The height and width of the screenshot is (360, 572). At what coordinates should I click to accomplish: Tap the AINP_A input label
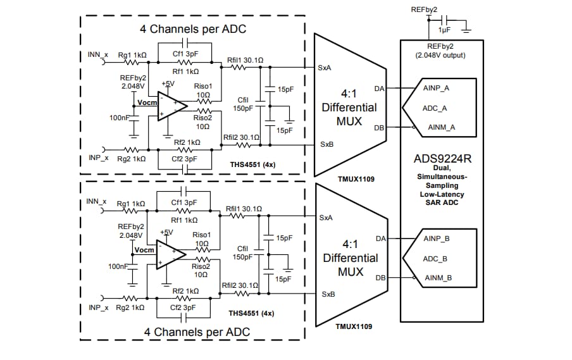click(x=436, y=89)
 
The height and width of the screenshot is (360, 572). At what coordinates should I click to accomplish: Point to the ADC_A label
click(x=435, y=108)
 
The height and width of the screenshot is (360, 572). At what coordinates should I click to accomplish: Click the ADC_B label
click(x=435, y=259)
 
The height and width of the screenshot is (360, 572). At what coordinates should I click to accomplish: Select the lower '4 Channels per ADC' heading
click(x=197, y=332)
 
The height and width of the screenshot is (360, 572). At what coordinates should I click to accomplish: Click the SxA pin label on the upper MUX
click(x=326, y=66)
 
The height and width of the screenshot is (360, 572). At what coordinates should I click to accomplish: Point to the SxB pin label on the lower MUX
click(x=328, y=294)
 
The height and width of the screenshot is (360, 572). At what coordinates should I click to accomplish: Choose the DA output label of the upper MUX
click(x=381, y=88)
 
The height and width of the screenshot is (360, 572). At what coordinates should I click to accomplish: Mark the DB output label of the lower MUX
click(x=381, y=278)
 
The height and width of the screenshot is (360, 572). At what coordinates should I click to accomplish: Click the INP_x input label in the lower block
click(x=99, y=307)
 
